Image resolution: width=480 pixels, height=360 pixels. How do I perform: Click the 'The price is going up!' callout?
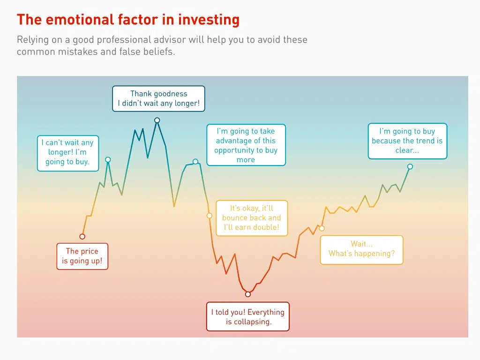click(82, 256)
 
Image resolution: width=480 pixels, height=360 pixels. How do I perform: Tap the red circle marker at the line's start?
click(82, 236)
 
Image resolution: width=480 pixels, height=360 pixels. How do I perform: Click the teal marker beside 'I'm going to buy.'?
click(108, 160)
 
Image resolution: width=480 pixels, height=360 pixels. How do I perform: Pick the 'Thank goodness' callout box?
click(158, 98)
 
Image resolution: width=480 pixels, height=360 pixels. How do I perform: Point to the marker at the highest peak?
click(157, 120)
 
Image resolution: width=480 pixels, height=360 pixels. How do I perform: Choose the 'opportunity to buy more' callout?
click(246, 145)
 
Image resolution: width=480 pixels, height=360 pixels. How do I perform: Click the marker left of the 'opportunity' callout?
click(195, 162)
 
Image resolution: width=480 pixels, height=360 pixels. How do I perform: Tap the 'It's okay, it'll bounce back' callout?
click(251, 218)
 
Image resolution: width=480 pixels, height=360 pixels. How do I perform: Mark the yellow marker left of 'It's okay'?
click(210, 216)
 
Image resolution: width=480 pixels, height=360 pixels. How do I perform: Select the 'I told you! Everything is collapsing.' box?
click(248, 317)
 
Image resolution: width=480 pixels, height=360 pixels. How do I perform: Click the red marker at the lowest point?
click(248, 294)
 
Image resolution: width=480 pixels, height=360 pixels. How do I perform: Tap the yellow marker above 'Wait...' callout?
click(322, 228)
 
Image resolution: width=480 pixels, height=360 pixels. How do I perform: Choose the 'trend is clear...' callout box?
click(407, 141)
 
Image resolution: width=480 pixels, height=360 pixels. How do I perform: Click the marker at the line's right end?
click(410, 166)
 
